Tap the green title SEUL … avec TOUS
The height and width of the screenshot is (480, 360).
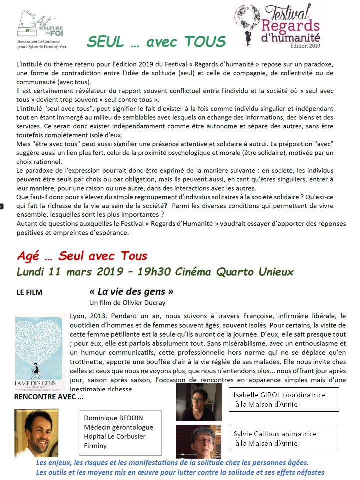156,42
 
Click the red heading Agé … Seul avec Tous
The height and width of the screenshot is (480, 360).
82,256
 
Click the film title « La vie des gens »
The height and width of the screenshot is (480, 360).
131,291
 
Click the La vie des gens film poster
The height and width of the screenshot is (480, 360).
39,352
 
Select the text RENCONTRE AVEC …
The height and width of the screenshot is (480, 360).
49,398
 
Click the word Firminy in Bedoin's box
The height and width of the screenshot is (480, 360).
95,445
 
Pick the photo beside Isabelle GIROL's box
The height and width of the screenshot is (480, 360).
198,403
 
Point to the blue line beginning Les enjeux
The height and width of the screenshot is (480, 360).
173,463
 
